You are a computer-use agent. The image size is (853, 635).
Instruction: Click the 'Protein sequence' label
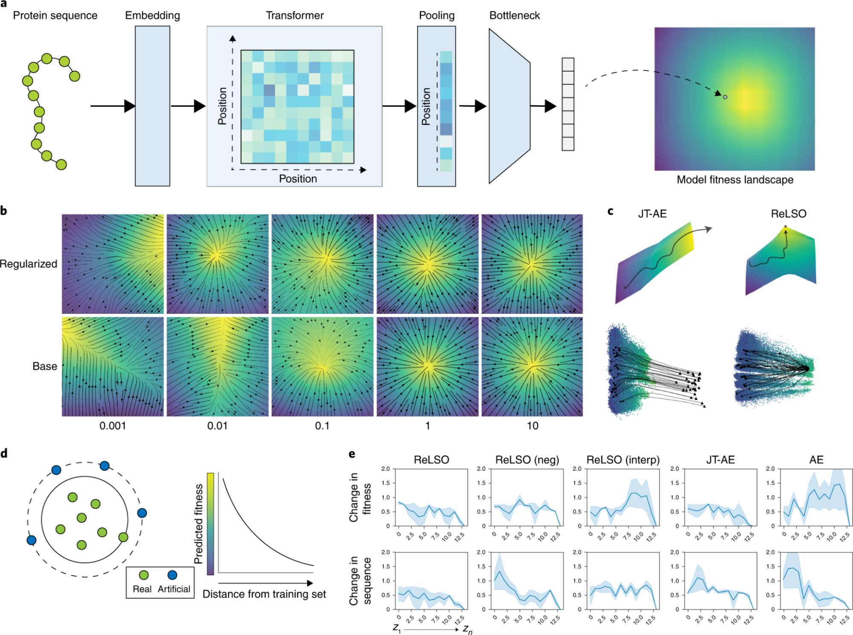pyautogui.click(x=55, y=16)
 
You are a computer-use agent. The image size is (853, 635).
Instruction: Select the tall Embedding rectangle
pyautogui.click(x=152, y=106)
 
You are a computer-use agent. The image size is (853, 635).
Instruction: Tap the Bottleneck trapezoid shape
pyautogui.click(x=509, y=106)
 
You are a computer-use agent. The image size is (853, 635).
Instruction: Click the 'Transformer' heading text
pyautogui.click(x=294, y=16)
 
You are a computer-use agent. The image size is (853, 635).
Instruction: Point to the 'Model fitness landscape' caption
pyautogui.click(x=735, y=180)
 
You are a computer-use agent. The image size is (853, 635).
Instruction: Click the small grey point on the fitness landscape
pyautogui.click(x=725, y=97)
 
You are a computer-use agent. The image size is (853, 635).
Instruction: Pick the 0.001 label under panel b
pyautogui.click(x=113, y=426)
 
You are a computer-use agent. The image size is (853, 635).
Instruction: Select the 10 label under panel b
pyautogui.click(x=532, y=426)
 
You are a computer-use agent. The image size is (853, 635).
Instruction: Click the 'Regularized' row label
pyautogui.click(x=29, y=264)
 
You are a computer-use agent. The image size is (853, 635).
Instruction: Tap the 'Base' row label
pyautogui.click(x=45, y=366)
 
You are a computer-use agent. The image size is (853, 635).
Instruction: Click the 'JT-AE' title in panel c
pyautogui.click(x=652, y=214)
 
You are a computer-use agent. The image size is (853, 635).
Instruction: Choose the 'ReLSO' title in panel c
pyautogui.click(x=788, y=214)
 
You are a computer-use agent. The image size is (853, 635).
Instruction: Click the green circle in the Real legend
pyautogui.click(x=144, y=575)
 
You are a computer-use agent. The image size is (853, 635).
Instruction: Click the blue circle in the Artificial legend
pyautogui.click(x=172, y=575)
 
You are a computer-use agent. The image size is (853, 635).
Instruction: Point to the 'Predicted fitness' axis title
pyautogui.click(x=198, y=524)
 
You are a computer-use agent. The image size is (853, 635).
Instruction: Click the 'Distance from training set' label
pyautogui.click(x=264, y=594)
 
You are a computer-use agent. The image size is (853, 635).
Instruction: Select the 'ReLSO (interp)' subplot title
pyautogui.click(x=623, y=460)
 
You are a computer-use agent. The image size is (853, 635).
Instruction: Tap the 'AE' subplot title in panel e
pyautogui.click(x=816, y=460)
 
